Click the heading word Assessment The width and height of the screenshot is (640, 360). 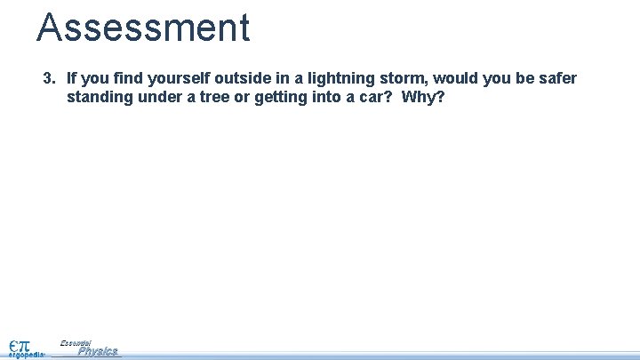[143, 28]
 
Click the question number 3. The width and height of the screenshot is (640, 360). [50, 78]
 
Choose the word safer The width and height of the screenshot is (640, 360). [557, 78]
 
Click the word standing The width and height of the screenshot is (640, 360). [100, 97]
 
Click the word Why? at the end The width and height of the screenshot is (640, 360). [423, 97]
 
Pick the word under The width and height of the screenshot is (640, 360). [160, 97]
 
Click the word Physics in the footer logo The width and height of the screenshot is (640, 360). [98, 352]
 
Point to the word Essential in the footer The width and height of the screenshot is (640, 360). [76, 342]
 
